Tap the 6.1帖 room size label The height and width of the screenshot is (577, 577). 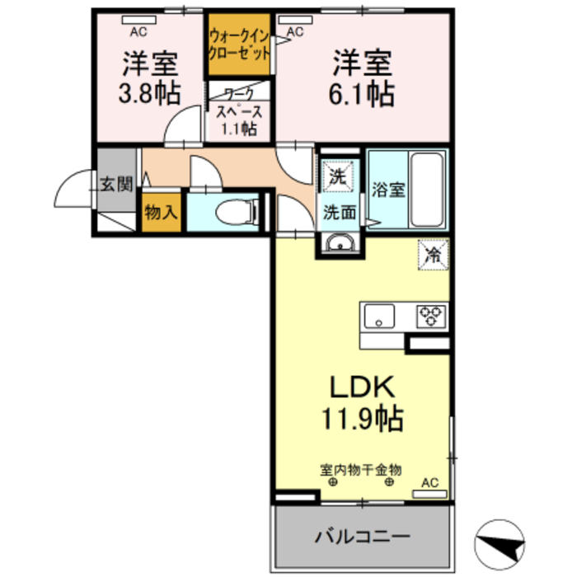point(363,92)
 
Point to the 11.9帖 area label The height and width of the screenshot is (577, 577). point(362,420)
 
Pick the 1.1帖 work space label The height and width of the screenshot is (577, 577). point(238,129)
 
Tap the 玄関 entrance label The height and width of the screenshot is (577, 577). point(116,183)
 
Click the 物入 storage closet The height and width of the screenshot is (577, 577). point(160,212)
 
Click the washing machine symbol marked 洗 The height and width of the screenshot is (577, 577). point(340,176)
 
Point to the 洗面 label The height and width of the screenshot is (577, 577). point(339,213)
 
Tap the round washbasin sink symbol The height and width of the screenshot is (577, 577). point(339,243)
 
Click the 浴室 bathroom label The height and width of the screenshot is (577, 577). point(387,189)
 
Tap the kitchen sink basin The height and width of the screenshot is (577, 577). point(378,315)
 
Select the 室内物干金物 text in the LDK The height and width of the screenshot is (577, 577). point(360,470)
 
